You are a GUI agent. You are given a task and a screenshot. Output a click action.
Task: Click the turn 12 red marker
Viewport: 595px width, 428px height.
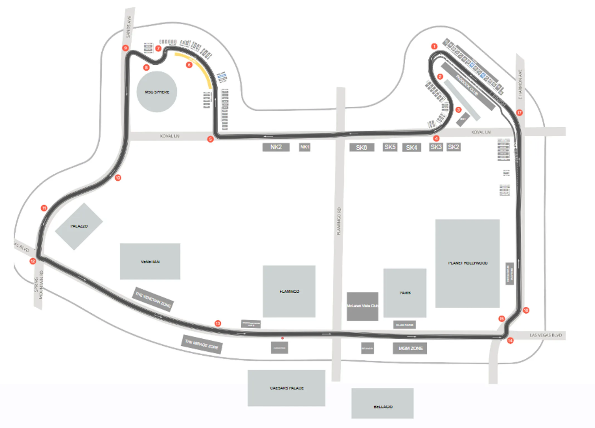[x=33, y=261]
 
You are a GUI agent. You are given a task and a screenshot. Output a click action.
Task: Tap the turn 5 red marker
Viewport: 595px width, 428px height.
[x=210, y=139]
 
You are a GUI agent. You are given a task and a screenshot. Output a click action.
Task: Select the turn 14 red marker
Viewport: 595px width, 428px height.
[x=510, y=341]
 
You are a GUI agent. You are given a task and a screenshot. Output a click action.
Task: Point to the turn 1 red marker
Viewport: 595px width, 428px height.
[x=434, y=46]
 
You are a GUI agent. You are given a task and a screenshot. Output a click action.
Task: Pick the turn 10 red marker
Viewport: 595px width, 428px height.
[x=118, y=178]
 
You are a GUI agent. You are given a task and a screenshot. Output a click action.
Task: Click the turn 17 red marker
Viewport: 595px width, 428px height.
[x=519, y=113]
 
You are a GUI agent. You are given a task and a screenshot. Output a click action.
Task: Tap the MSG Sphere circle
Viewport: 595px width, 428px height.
[x=157, y=92]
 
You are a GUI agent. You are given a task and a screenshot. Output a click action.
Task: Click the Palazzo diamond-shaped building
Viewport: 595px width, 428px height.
[x=79, y=226]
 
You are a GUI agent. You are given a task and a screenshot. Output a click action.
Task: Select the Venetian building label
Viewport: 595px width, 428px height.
[x=150, y=262]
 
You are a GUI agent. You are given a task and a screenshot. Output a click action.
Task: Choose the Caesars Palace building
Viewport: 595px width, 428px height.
[x=286, y=388]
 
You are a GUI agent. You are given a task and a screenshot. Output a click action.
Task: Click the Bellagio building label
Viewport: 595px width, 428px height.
[x=383, y=407]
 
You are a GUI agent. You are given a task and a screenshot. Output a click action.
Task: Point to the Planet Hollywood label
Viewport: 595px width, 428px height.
[x=468, y=263]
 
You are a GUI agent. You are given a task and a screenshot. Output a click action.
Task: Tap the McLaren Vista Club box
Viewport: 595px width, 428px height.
[x=362, y=306]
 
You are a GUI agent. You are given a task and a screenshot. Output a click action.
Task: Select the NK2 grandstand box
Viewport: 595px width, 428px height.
[x=276, y=147]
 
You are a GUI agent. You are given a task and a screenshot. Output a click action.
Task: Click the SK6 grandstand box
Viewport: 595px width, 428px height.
[x=362, y=147]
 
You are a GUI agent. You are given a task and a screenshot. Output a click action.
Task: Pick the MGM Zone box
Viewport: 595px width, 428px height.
[x=410, y=348]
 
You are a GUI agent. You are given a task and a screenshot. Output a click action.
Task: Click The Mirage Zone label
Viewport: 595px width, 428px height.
[x=201, y=345]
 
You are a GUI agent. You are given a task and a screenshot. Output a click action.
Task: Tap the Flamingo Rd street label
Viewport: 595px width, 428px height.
[x=339, y=221]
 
